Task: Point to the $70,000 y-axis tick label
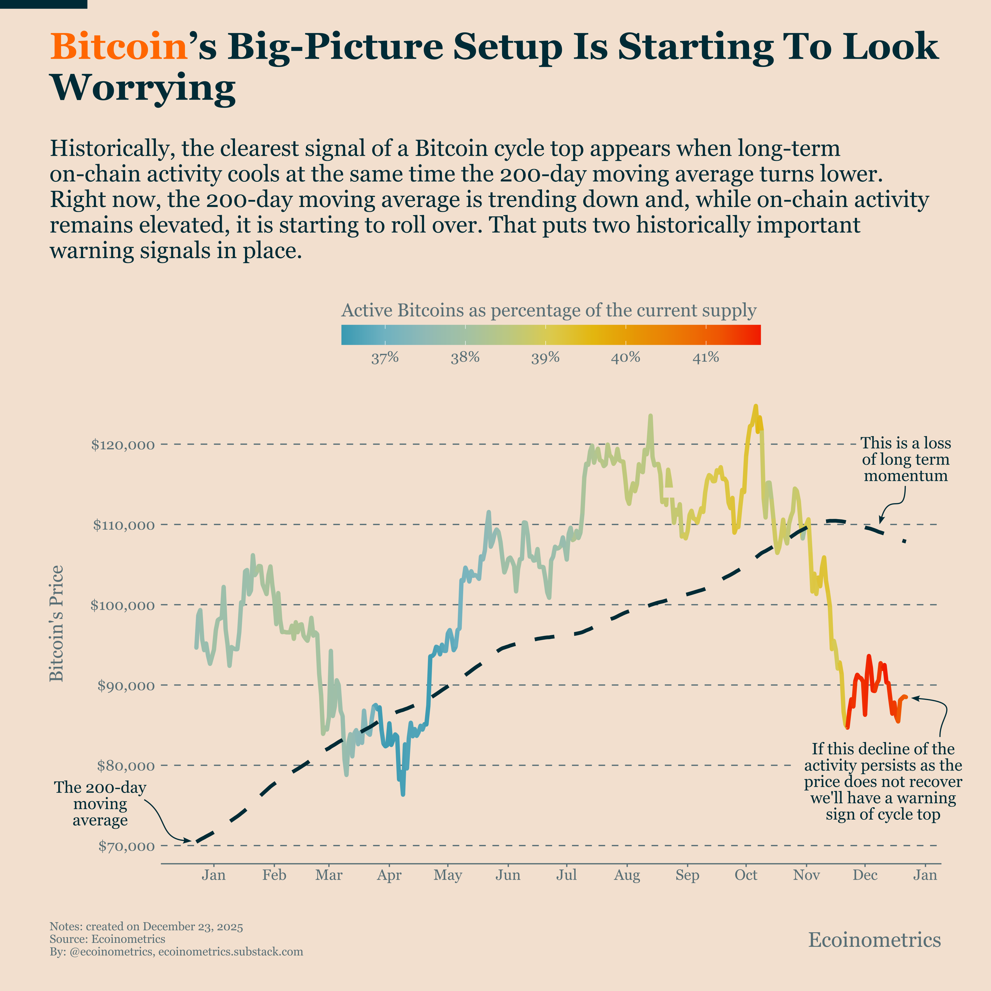126,846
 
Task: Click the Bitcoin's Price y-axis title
57,623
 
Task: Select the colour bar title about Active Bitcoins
549,310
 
